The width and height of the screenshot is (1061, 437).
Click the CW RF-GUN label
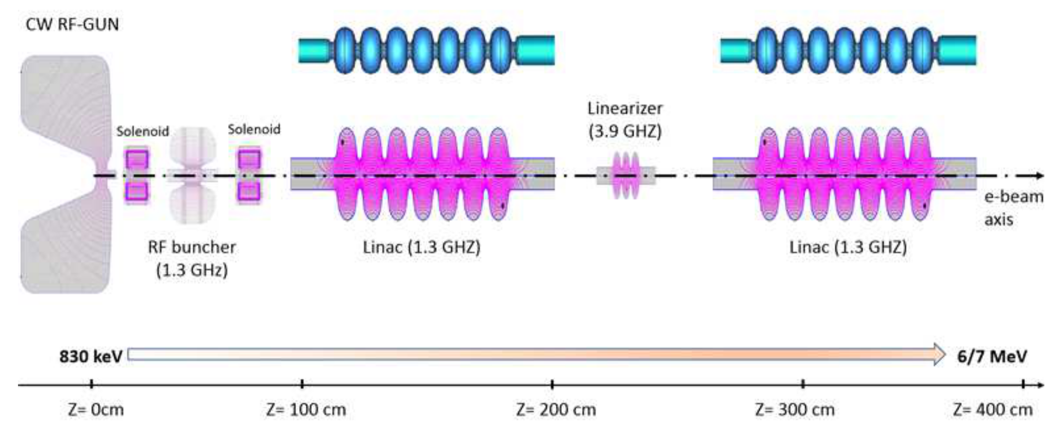pyautogui.click(x=72, y=25)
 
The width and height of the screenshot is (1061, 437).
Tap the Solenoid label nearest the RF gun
pyautogui.click(x=142, y=132)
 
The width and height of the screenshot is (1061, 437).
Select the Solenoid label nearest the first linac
pyautogui.click(x=254, y=129)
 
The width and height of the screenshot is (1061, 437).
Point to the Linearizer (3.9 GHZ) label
pyautogui.click(x=625, y=120)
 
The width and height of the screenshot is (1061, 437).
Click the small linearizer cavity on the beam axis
pyautogui.click(x=626, y=175)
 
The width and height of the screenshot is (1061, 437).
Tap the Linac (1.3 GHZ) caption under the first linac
pyautogui.click(x=421, y=247)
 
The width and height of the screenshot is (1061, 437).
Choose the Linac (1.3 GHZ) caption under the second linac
pyautogui.click(x=848, y=247)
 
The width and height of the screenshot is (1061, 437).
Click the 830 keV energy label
pyautogui.click(x=91, y=356)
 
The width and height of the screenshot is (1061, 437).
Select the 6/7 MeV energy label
pyautogui.click(x=992, y=356)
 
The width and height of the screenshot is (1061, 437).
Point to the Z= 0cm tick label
pyautogui.click(x=96, y=410)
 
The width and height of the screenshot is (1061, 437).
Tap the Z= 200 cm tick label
pyautogui.click(x=556, y=410)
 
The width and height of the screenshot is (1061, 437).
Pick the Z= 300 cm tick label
pyautogui.click(x=795, y=410)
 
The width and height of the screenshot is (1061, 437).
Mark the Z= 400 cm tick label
pyautogui.click(x=993, y=410)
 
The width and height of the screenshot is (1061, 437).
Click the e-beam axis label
pyautogui.click(x=1014, y=208)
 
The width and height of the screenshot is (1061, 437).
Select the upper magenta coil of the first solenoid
pyautogui.click(x=137, y=159)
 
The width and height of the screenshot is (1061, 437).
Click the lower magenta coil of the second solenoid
pyautogui.click(x=249, y=192)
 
